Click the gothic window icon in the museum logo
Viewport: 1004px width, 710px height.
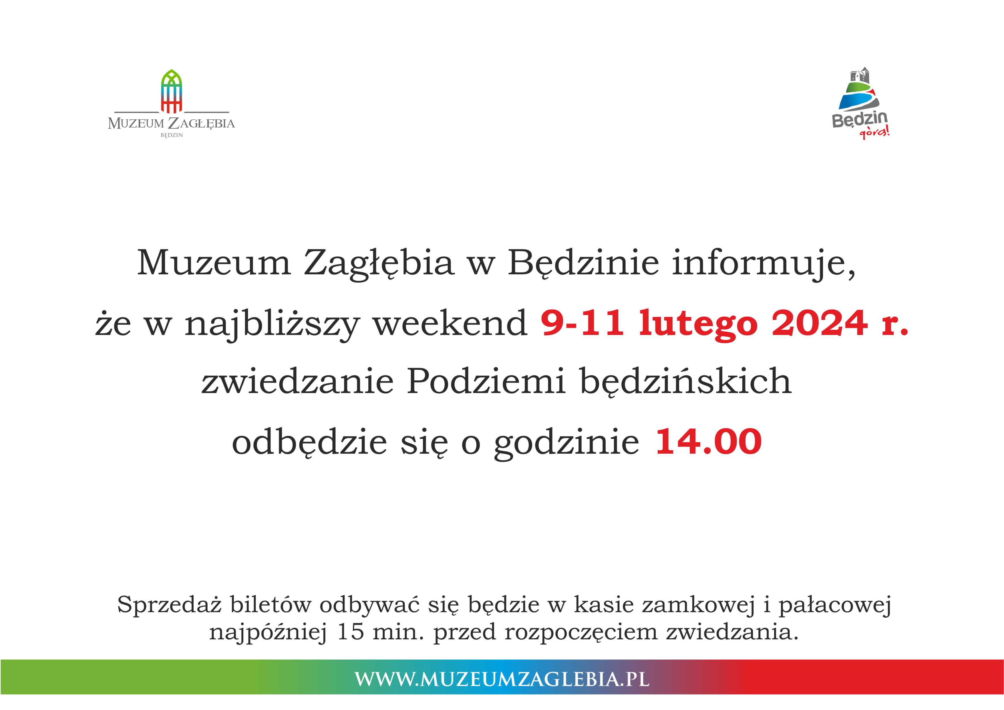(171, 91)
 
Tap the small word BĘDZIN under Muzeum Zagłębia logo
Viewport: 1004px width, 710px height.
(171, 135)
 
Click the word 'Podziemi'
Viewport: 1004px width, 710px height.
(486, 381)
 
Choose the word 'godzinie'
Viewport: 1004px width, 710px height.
(566, 443)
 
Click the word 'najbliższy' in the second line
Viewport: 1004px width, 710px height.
(271, 324)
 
